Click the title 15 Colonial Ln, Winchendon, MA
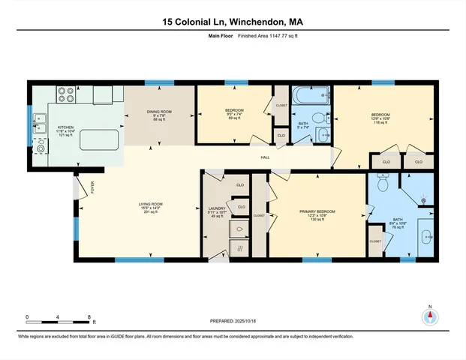(233, 22)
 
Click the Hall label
(265, 157)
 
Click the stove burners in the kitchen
(66, 95)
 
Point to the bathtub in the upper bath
(310, 96)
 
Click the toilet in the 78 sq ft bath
(382, 182)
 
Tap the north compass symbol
(430, 315)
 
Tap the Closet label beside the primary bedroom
(259, 215)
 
